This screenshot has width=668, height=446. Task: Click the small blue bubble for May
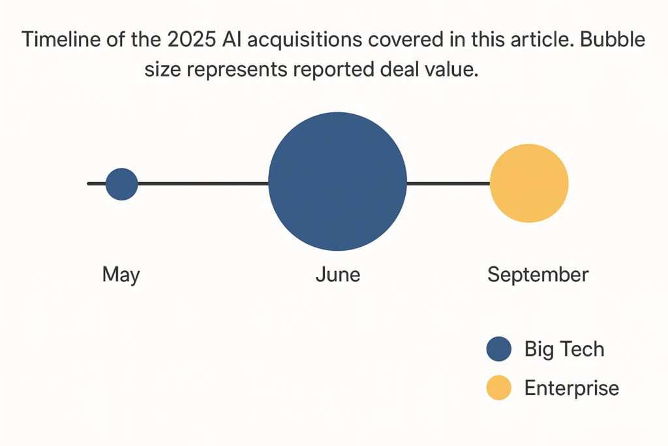122,183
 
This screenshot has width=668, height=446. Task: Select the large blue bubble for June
337,182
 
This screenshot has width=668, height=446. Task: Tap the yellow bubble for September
529,183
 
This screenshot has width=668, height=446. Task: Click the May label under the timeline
121,274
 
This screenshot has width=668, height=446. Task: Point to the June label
337,274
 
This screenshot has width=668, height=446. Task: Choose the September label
538,274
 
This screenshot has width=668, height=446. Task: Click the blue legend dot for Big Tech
499,349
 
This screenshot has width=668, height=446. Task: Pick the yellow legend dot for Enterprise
499,389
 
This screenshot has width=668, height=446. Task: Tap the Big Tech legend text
564,349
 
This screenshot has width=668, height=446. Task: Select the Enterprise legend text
571,389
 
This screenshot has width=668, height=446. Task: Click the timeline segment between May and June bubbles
203,184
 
